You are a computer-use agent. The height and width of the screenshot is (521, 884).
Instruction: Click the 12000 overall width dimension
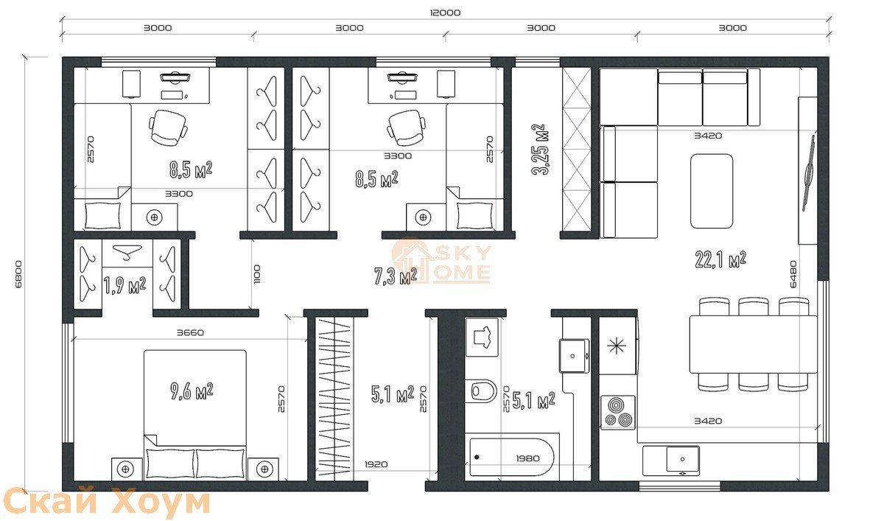coord(445,13)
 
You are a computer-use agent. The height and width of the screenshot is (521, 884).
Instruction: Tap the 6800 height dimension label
coord(18,274)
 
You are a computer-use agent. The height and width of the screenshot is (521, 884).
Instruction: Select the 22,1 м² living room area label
coord(720,260)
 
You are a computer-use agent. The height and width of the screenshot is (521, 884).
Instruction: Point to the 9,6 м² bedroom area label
coord(192,391)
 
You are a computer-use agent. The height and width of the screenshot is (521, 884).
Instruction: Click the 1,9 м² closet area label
coord(124,285)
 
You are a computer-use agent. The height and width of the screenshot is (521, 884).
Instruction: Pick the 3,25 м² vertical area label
coord(540,150)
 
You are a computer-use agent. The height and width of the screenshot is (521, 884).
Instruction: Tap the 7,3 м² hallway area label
coord(396,276)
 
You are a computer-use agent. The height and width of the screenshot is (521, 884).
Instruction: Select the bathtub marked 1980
coord(512,457)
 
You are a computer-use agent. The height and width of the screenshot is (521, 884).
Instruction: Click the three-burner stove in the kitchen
coord(618,413)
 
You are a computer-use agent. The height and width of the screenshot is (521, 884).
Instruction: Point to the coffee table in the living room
coord(712,191)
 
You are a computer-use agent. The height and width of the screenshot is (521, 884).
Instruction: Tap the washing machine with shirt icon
coord(482,338)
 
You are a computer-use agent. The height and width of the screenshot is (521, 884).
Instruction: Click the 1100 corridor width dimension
coord(257,274)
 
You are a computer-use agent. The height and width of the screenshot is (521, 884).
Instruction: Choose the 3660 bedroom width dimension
coord(190,333)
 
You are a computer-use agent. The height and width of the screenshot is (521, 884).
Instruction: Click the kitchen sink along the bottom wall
coord(683,459)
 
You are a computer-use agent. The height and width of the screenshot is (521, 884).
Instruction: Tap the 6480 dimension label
coord(793,274)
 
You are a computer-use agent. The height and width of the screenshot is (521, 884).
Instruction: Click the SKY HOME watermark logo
coord(441,261)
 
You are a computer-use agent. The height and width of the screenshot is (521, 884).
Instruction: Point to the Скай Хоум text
coord(105,501)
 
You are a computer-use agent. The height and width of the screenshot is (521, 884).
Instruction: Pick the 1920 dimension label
coord(376,464)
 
